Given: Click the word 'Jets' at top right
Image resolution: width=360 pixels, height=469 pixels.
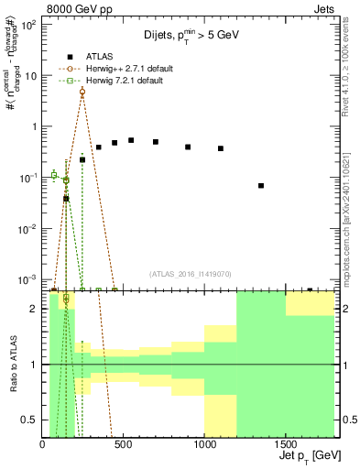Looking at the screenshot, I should tap(323, 8).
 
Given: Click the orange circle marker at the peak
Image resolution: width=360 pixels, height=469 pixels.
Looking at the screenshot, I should tap(82, 92).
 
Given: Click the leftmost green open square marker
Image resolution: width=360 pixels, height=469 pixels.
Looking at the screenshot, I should tap(54, 175).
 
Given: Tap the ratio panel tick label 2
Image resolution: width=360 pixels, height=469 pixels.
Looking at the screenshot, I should tap(35, 310).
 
